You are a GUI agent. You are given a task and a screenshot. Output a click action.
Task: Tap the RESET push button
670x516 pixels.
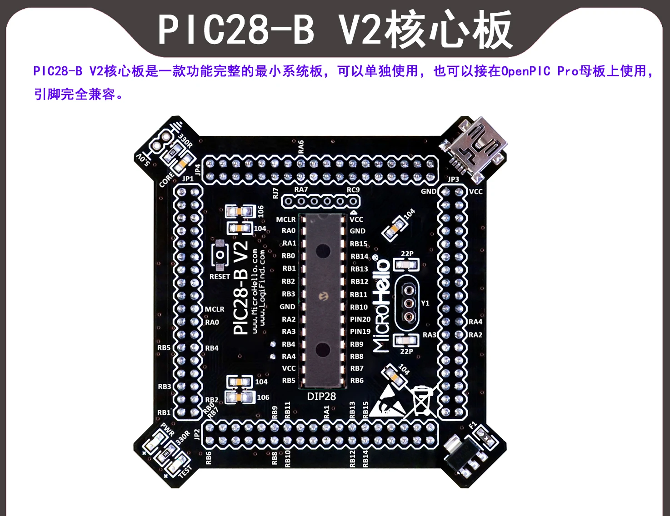[x=220, y=255]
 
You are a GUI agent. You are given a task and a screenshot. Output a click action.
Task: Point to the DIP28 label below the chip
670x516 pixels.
[x=321, y=397]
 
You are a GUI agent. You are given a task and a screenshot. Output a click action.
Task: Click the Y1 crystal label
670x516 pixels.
[x=425, y=303]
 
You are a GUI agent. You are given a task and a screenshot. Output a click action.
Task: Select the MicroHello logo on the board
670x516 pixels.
[x=382, y=307]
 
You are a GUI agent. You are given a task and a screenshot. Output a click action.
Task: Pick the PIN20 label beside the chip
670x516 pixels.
[x=360, y=319]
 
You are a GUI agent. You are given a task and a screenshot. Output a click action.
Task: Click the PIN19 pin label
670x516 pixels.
[x=360, y=332]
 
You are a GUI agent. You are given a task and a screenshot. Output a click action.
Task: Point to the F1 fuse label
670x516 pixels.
[x=473, y=426]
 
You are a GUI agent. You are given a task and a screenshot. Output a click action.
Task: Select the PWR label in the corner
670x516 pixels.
[x=167, y=429]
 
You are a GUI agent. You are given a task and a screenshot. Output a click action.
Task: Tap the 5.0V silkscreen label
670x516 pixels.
[x=143, y=159]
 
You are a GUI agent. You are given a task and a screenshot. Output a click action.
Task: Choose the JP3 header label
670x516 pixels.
[x=453, y=179]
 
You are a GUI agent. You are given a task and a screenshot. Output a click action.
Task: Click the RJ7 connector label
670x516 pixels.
[x=275, y=193]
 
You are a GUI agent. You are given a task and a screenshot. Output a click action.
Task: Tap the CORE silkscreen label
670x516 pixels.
[x=166, y=180]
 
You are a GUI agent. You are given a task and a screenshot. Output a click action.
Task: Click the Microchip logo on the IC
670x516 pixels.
[x=323, y=297]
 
